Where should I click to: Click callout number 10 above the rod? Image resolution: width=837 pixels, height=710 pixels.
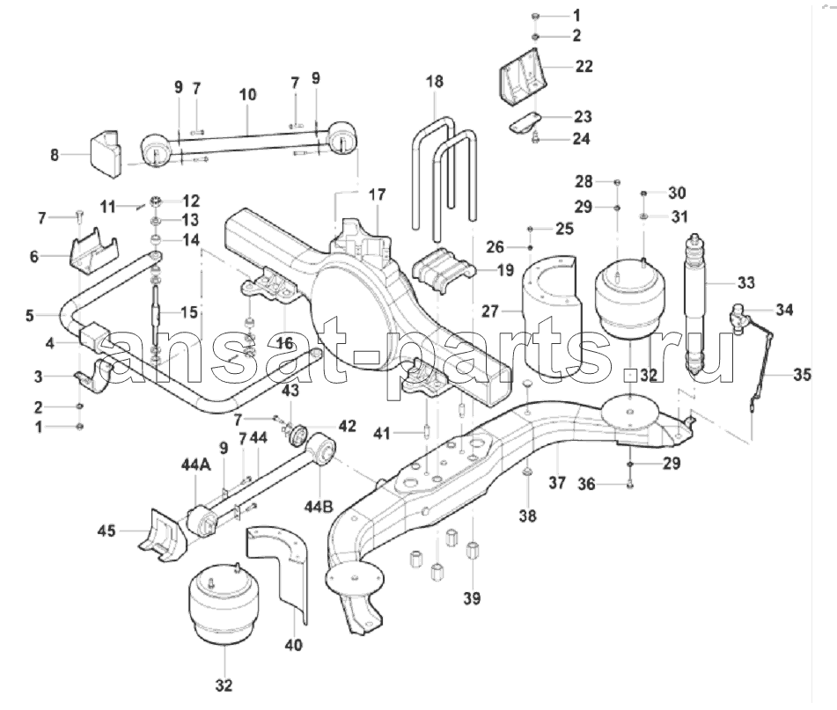[x=247, y=92]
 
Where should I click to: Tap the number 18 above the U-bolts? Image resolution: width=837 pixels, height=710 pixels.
[x=435, y=82]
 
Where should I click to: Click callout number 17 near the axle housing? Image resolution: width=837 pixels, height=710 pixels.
[x=377, y=194]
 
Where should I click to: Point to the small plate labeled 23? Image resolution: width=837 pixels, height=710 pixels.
[x=525, y=121]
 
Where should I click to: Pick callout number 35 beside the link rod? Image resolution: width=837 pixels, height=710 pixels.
[x=801, y=375]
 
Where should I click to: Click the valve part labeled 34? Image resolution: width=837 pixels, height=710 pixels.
[x=739, y=314]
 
